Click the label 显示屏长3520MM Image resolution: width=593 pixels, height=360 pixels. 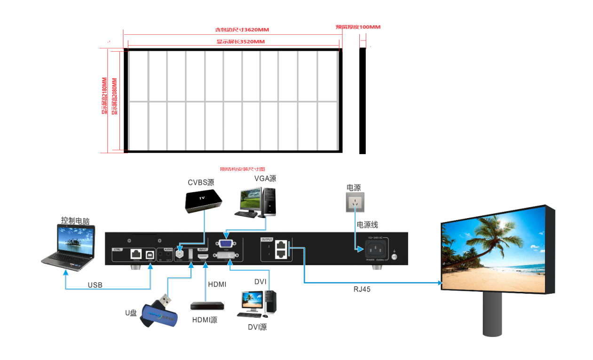(240, 42)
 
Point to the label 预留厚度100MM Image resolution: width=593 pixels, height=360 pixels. (358, 27)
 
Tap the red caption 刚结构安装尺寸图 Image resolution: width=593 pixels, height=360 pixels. (243, 169)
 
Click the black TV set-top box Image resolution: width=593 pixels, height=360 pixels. (203, 201)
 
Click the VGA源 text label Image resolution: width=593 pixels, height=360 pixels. (265, 179)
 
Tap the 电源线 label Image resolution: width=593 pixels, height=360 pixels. (367, 225)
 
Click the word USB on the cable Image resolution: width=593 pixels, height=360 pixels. (95, 285)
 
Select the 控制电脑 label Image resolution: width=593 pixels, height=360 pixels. (75, 220)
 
